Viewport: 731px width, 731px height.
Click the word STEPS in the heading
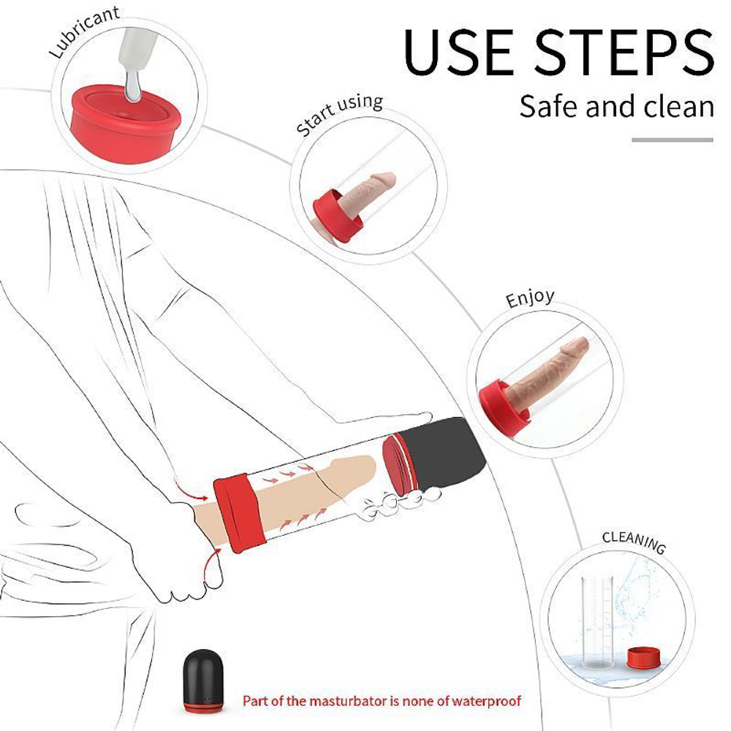click(x=624, y=51)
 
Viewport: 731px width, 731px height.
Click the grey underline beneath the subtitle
click(x=673, y=140)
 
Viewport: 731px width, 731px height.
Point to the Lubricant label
click(x=84, y=31)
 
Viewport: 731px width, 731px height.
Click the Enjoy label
click(x=530, y=298)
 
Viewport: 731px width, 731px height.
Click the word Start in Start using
click(x=315, y=120)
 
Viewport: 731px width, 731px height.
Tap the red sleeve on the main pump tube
click(x=239, y=512)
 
